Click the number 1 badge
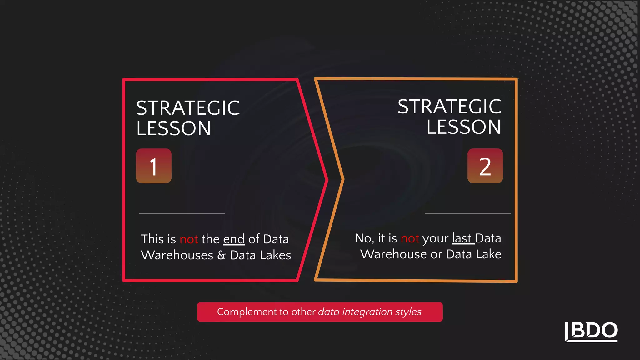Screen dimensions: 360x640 coord(153,166)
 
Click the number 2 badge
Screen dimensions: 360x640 coord(485,166)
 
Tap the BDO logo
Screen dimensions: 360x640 coord(591,332)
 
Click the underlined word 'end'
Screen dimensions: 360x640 coord(234,239)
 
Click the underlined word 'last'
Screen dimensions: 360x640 coord(462,238)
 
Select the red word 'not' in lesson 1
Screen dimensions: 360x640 coord(189,239)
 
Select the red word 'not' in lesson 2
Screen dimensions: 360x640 coord(410,238)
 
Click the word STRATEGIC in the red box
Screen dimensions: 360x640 coord(188,108)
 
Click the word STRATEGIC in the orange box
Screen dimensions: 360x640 coord(449,107)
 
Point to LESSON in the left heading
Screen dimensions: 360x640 coord(174,128)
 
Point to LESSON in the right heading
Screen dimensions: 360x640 coord(464,127)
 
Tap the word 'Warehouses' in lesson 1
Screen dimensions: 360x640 coord(177,255)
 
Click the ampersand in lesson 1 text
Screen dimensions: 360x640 coord(221,255)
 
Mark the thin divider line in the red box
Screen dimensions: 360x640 coord(182,213)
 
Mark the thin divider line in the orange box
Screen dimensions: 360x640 coord(468,213)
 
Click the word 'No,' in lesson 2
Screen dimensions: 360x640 coord(364,238)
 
